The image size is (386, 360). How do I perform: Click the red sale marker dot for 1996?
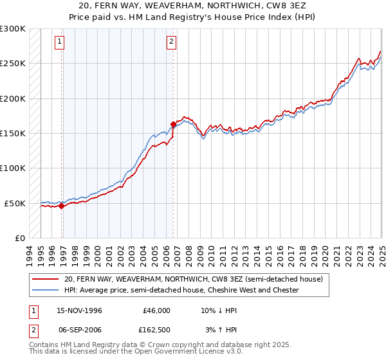(x=61, y=206)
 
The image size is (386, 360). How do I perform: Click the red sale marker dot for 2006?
(x=173, y=124)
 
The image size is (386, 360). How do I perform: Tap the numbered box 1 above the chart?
(x=59, y=42)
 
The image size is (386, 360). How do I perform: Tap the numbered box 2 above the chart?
(x=172, y=42)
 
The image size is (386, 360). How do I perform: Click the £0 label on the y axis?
(x=19, y=238)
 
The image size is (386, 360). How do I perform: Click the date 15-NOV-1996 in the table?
(x=79, y=310)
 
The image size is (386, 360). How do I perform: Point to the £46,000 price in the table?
(x=156, y=310)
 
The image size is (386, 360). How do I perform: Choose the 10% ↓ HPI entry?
(x=219, y=310)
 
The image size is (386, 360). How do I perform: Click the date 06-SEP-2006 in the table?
(x=79, y=332)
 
